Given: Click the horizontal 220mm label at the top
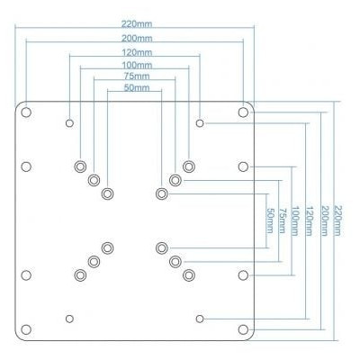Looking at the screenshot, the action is pyautogui.click(x=137, y=23).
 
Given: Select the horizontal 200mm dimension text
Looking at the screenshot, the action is pyautogui.click(x=137, y=39).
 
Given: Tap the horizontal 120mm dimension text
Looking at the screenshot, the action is pyautogui.click(x=137, y=52).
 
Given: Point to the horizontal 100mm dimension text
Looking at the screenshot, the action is pyautogui.click(x=137, y=65).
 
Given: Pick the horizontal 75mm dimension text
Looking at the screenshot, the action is pyautogui.click(x=137, y=76).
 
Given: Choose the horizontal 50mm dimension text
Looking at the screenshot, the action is pyautogui.click(x=137, y=87).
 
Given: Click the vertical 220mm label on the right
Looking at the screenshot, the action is pyautogui.click(x=337, y=220).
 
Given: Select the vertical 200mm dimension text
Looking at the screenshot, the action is pyautogui.click(x=324, y=220).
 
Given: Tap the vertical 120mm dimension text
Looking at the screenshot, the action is pyautogui.click(x=310, y=220).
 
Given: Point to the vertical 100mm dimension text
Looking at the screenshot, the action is pyautogui.click(x=295, y=220).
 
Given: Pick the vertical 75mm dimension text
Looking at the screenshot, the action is pyautogui.click(x=282, y=220).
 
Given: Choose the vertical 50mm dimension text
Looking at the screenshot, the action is pyautogui.click(x=270, y=220).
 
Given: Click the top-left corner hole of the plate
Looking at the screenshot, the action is pyautogui.click(x=26, y=112).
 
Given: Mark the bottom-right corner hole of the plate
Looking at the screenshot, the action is pyautogui.click(x=243, y=329).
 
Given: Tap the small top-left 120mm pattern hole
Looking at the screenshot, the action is pyautogui.click(x=69, y=123).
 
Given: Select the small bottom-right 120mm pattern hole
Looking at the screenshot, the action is pyautogui.click(x=200, y=319).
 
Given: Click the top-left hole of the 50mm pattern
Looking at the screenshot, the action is pyautogui.click(x=107, y=193).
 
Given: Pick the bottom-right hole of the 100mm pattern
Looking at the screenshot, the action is pyautogui.click(x=189, y=275).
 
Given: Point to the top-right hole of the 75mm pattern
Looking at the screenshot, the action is pyautogui.click(x=175, y=180).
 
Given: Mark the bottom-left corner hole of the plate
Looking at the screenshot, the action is pyautogui.click(x=26, y=329).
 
